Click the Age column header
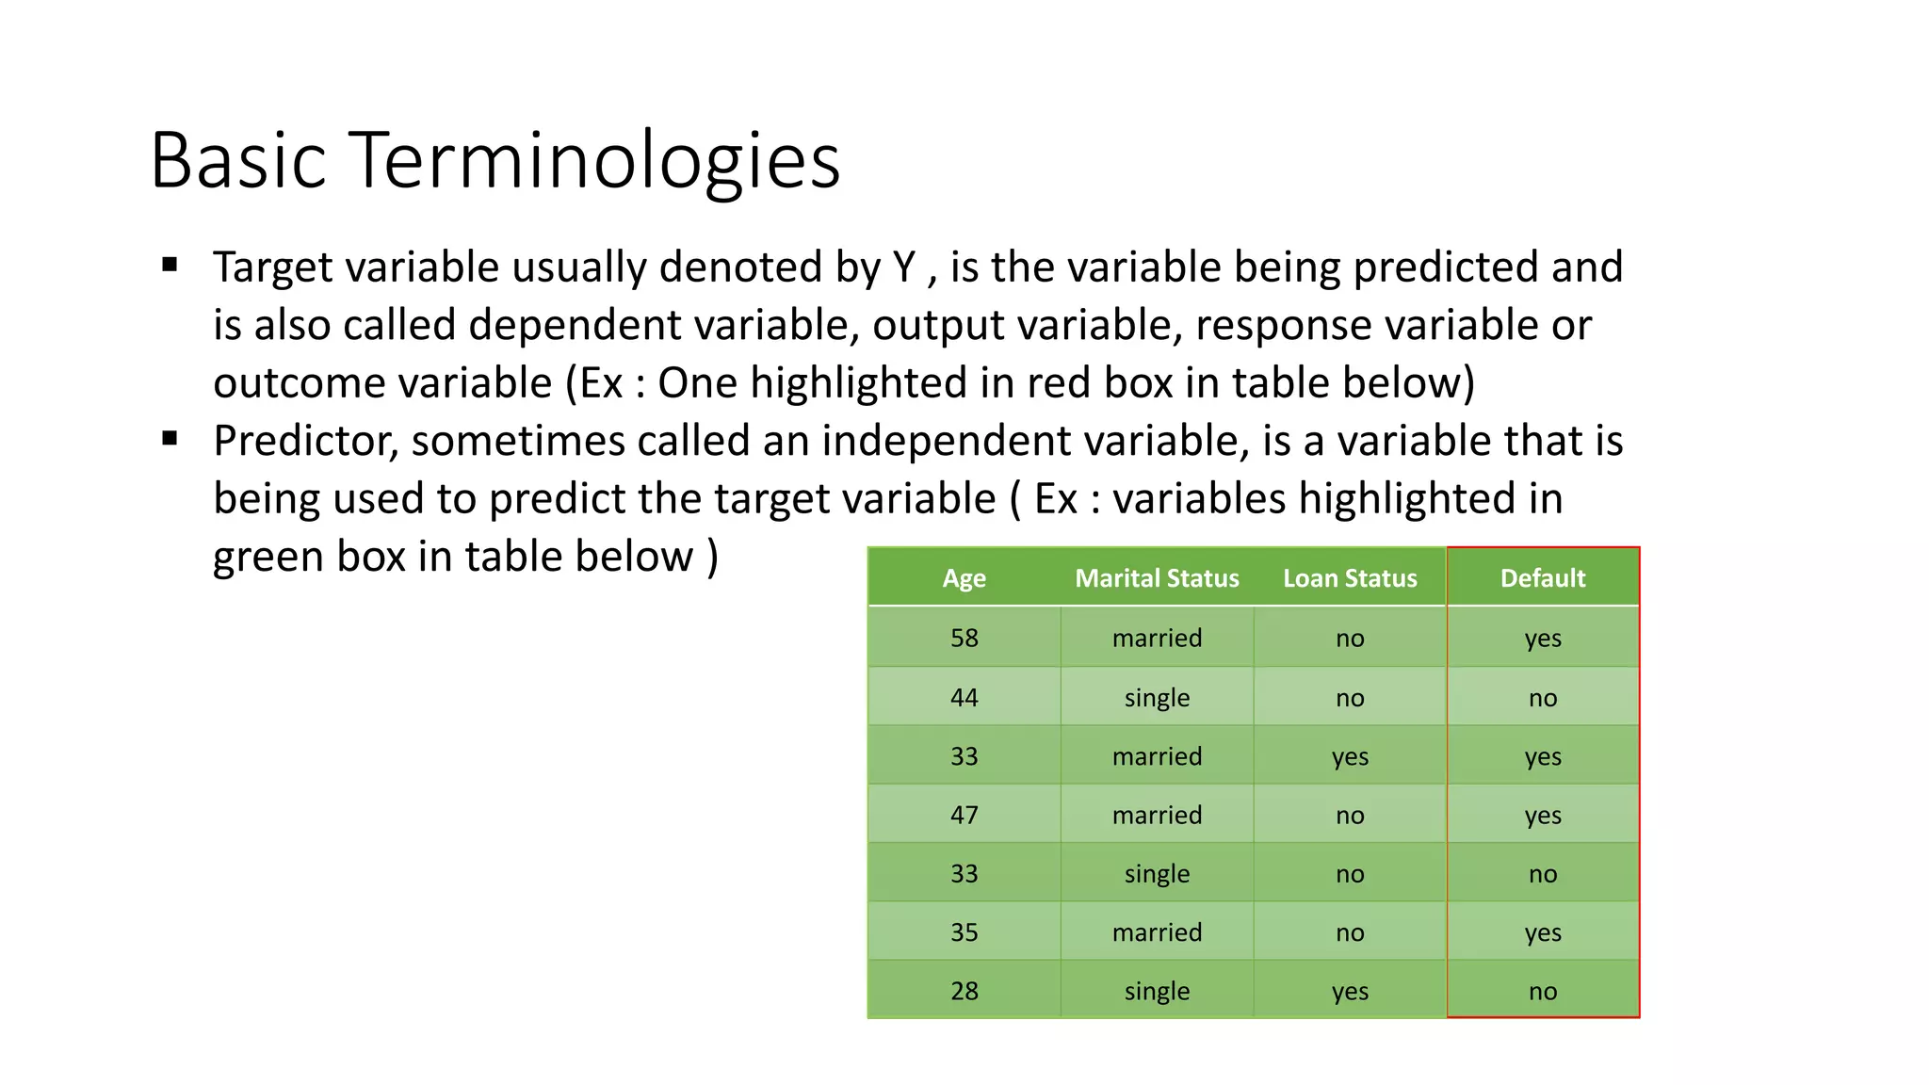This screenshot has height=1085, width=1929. [964, 578]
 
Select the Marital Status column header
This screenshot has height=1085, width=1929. [1157, 578]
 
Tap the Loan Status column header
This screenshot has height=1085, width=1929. [1350, 578]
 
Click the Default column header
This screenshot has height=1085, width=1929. [1543, 578]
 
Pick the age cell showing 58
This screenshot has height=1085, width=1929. [964, 638]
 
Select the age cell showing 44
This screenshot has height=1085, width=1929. [964, 698]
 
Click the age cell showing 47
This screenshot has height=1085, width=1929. [964, 815]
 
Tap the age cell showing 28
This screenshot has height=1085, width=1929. [964, 991]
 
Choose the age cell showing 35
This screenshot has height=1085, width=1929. [964, 932]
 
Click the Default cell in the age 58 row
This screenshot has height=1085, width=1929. [1543, 638]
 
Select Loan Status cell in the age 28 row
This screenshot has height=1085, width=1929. [1350, 991]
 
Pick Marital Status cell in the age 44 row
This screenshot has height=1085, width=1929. [1157, 698]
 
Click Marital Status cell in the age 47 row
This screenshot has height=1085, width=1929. [1157, 815]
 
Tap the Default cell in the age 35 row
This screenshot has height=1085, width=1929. [1543, 932]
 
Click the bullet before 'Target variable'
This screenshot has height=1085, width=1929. [170, 265]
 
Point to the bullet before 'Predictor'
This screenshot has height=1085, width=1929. [170, 438]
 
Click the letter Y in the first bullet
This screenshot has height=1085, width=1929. [904, 267]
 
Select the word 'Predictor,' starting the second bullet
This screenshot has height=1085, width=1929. [305, 442]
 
